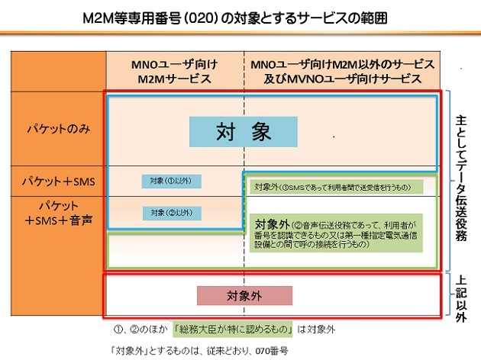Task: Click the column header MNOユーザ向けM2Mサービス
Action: [x=175, y=70]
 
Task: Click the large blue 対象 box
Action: [x=243, y=132]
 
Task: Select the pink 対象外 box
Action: [x=244, y=296]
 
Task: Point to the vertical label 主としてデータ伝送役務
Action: [x=461, y=178]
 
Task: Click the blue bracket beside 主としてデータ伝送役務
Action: [x=447, y=178]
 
